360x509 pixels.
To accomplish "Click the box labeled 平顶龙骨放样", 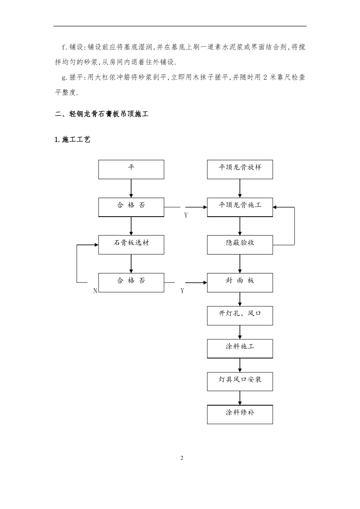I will coord(240,169).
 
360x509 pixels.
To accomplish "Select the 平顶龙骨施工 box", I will coord(240,207).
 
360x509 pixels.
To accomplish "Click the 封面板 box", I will coord(240,282).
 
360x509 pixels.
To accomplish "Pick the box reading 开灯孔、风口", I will coord(240,315).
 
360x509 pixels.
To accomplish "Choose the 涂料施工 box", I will coord(240,348).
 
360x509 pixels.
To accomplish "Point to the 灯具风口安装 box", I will coord(240,381).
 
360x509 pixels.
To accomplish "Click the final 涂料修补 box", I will coord(240,414).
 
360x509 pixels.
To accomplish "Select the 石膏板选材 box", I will coord(131,244).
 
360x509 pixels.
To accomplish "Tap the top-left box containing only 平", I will coord(131,169).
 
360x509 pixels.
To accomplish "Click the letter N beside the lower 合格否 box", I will coord(95,291).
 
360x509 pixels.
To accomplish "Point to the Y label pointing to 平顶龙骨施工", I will coord(186,215).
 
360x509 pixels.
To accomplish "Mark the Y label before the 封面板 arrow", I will coord(182,291).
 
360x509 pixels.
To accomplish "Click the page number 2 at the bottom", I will coord(182,458).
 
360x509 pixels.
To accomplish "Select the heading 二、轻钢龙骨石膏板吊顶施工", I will coord(102,114).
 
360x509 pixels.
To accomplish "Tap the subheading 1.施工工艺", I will coord(73,140).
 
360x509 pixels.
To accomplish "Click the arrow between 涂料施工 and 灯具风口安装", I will coord(240,365).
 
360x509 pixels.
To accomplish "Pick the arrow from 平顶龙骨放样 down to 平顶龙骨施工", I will coord(240,188).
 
